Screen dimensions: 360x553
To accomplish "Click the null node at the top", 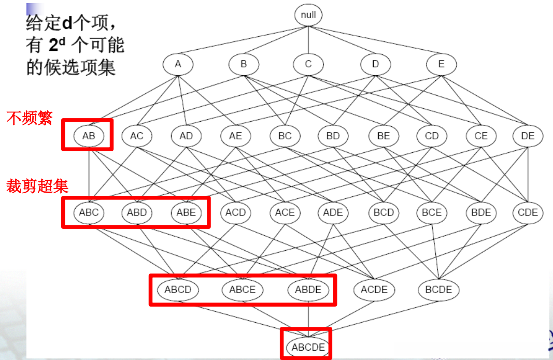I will point(308,15).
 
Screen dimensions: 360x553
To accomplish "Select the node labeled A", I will point(178,64).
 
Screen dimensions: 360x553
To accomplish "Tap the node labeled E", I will point(441,64).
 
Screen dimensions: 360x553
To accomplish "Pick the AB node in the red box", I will point(89,136).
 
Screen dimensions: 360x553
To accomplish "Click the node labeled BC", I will point(285,136).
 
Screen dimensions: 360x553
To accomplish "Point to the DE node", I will point(528,136).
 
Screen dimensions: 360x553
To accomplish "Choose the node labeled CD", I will point(431,136).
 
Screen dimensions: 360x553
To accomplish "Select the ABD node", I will point(137,212).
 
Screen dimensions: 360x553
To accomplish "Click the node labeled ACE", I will point(285,212).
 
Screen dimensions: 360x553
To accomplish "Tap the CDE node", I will point(528,212).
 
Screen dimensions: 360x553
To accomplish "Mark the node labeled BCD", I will point(384,212).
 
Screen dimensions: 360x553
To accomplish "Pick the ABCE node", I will point(243,290).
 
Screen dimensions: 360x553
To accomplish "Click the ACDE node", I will point(374,290).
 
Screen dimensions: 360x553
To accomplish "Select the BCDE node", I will point(438,290).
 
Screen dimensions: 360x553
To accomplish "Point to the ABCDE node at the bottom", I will point(308,347).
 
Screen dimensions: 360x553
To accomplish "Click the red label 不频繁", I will point(29,119).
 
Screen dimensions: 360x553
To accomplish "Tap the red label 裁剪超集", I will point(37,186).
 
